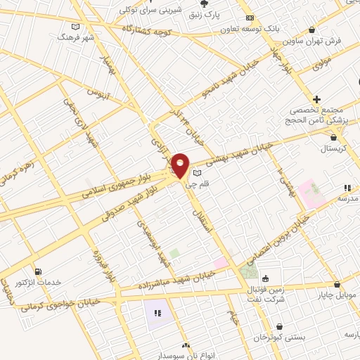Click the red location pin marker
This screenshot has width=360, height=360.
click(181, 165)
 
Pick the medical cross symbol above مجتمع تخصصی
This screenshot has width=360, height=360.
click(317, 99)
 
